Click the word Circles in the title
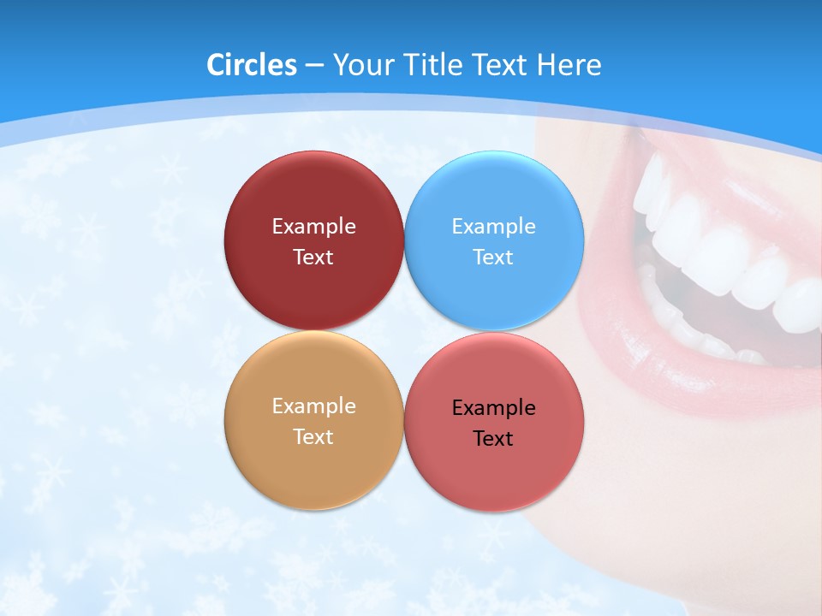[251, 65]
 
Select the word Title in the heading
[432, 65]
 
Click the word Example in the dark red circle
[313, 226]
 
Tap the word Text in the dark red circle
[313, 257]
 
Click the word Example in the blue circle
[493, 226]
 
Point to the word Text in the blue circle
[493, 257]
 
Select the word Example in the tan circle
[313, 406]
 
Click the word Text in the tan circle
[313, 436]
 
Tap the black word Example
[493, 407]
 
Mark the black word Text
[493, 438]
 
